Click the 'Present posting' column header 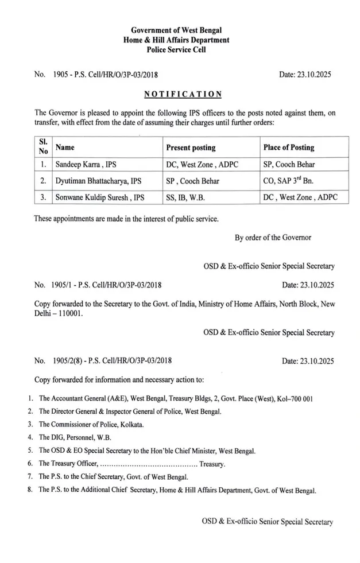[191, 147]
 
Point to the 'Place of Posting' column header [289, 147]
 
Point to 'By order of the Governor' [273, 238]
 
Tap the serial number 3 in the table [43, 197]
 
